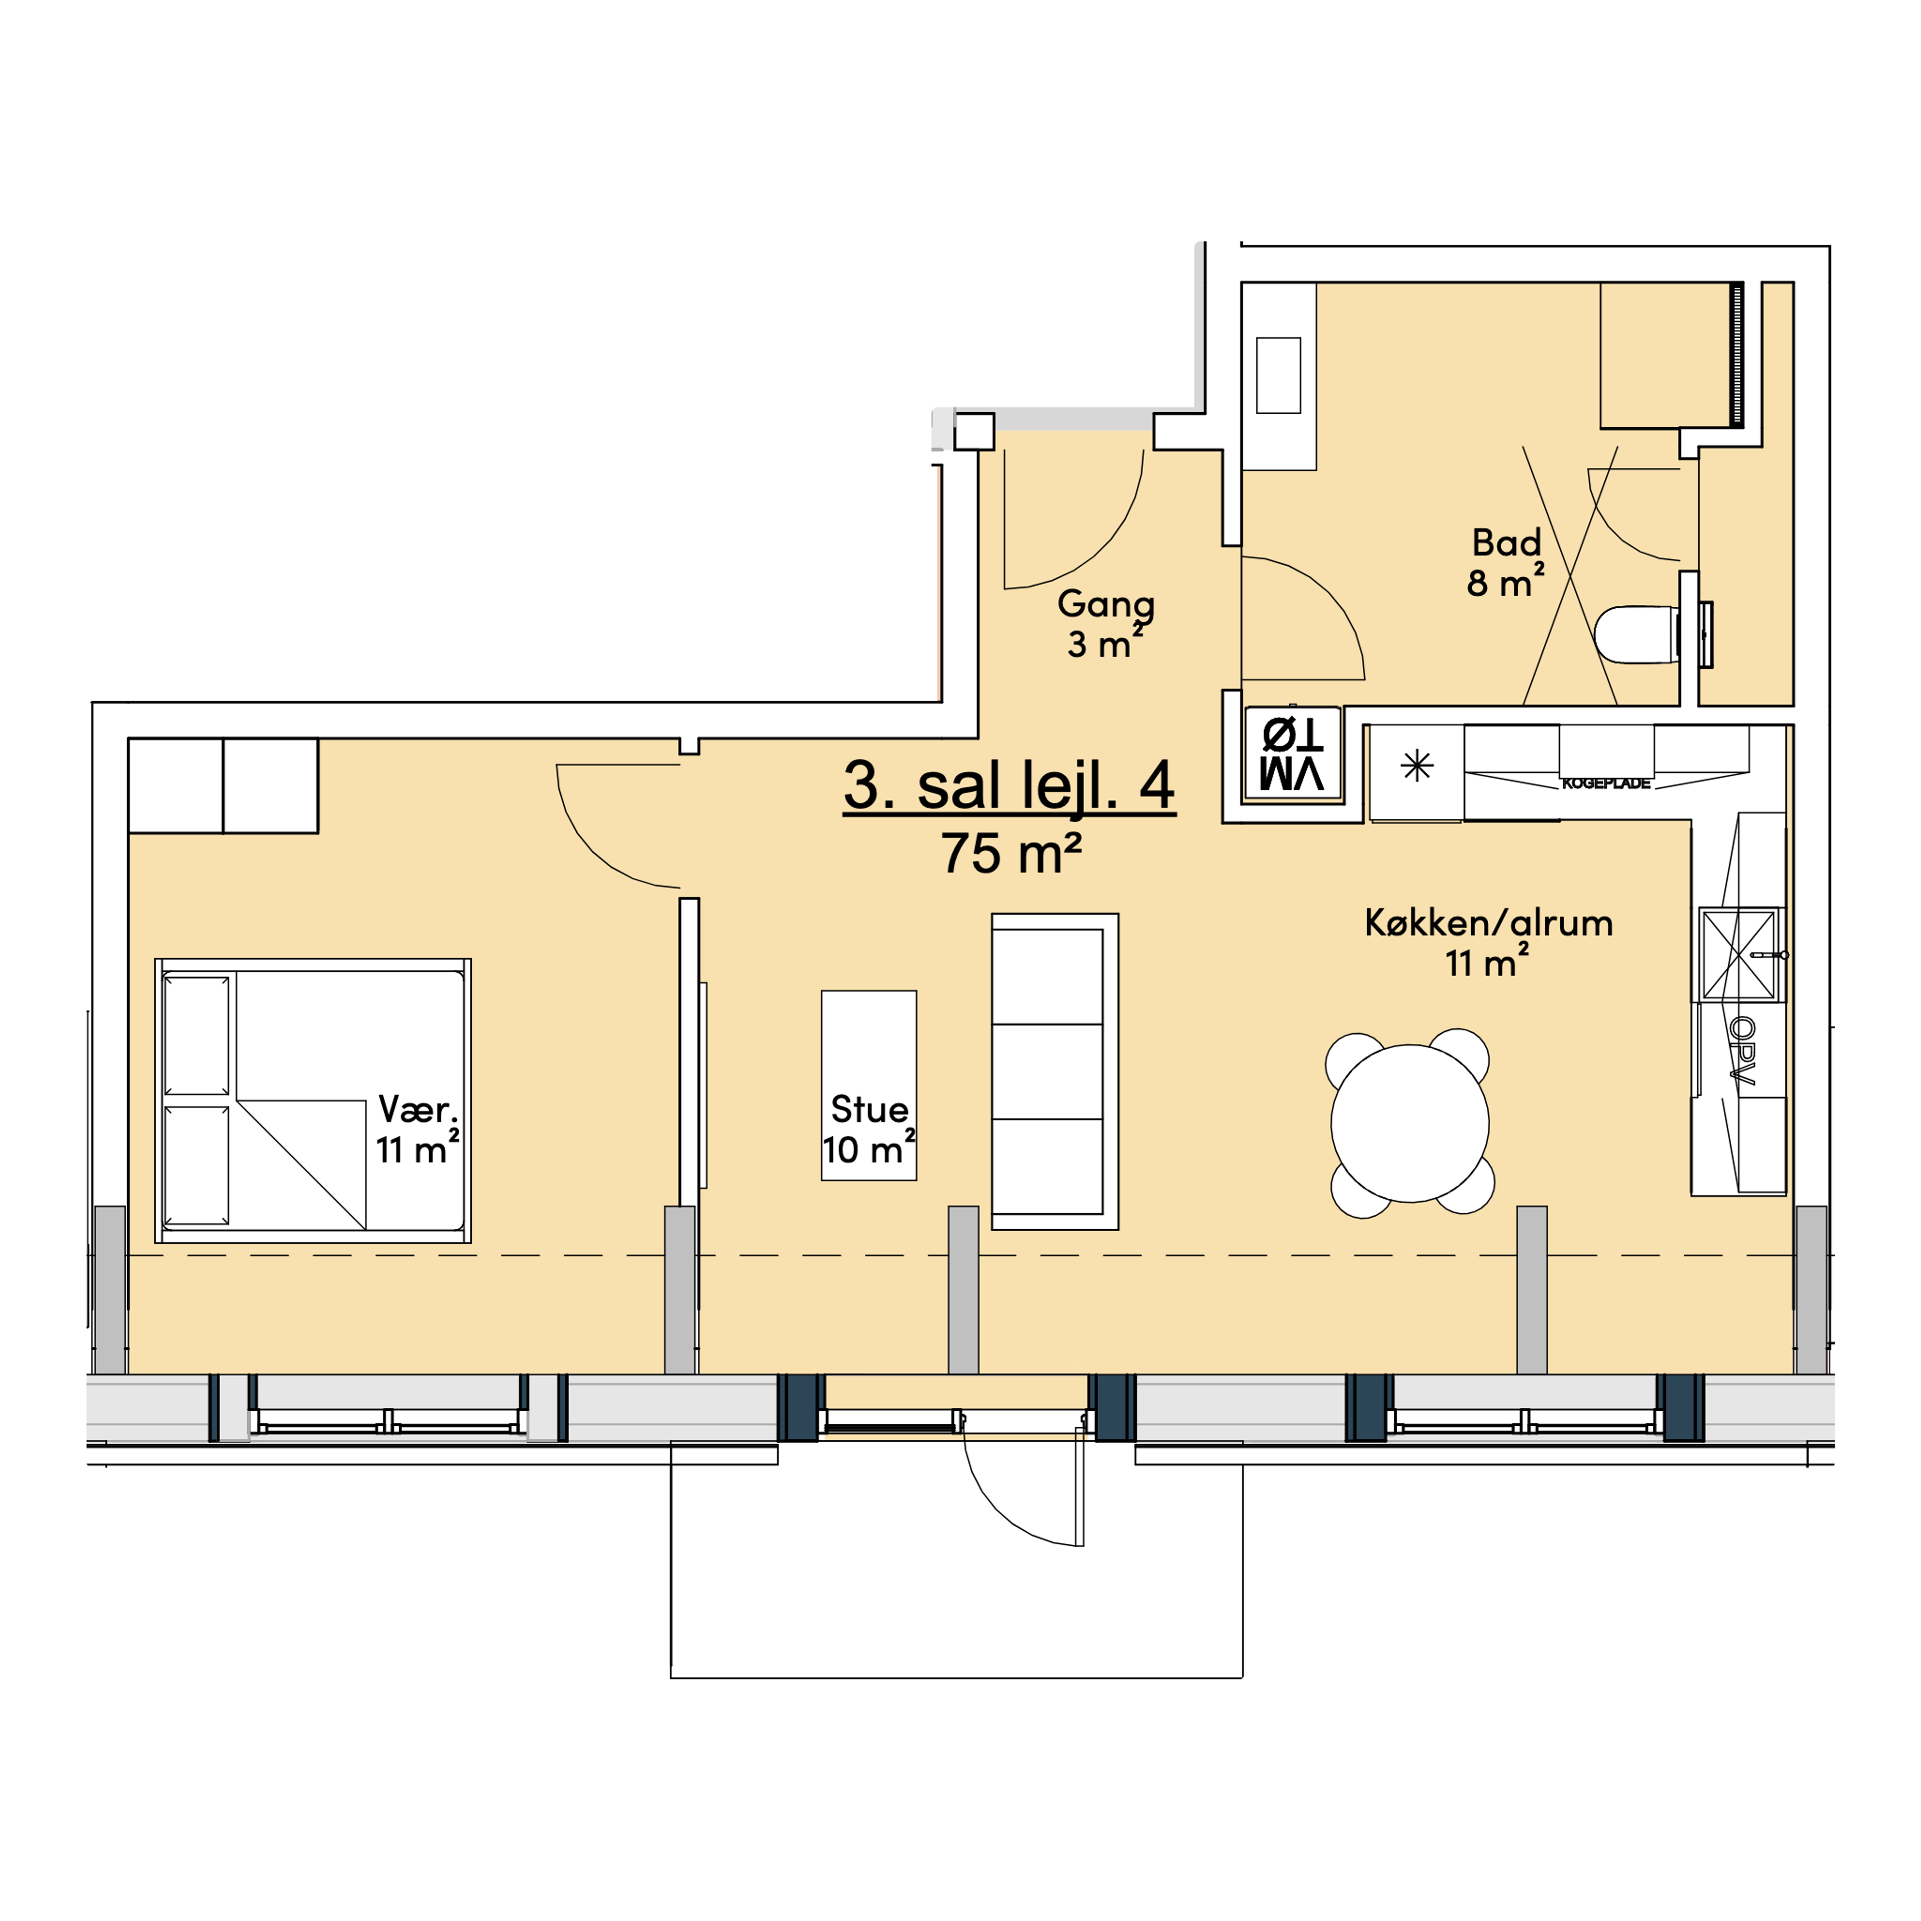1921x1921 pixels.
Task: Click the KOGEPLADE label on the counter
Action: tap(1606, 783)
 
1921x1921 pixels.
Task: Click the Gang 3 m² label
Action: tap(1105, 623)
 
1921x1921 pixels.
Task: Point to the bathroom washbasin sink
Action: tap(1279, 375)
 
